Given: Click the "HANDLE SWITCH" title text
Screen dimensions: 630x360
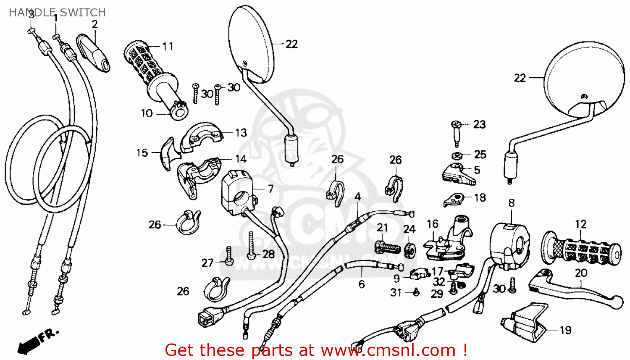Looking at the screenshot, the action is pyautogui.click(x=58, y=13).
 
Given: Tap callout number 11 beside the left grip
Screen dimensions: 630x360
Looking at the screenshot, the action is pyautogui.click(x=168, y=46).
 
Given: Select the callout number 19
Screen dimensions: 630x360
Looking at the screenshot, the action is pyautogui.click(x=565, y=330).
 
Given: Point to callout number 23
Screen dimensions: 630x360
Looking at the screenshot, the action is pyautogui.click(x=480, y=124).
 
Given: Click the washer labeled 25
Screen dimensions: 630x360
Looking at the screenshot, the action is pyautogui.click(x=455, y=155).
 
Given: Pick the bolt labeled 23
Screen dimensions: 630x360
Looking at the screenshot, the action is pyautogui.click(x=456, y=133).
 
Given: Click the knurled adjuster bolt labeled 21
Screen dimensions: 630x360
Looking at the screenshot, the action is pyautogui.click(x=387, y=247).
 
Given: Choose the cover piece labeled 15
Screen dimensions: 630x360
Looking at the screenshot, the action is pyautogui.click(x=169, y=154).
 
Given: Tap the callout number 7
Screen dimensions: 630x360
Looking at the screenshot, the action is pyautogui.click(x=270, y=189).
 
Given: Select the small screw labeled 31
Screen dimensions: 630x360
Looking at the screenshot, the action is pyautogui.click(x=416, y=292).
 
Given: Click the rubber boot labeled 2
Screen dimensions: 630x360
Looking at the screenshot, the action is pyautogui.click(x=93, y=53).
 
